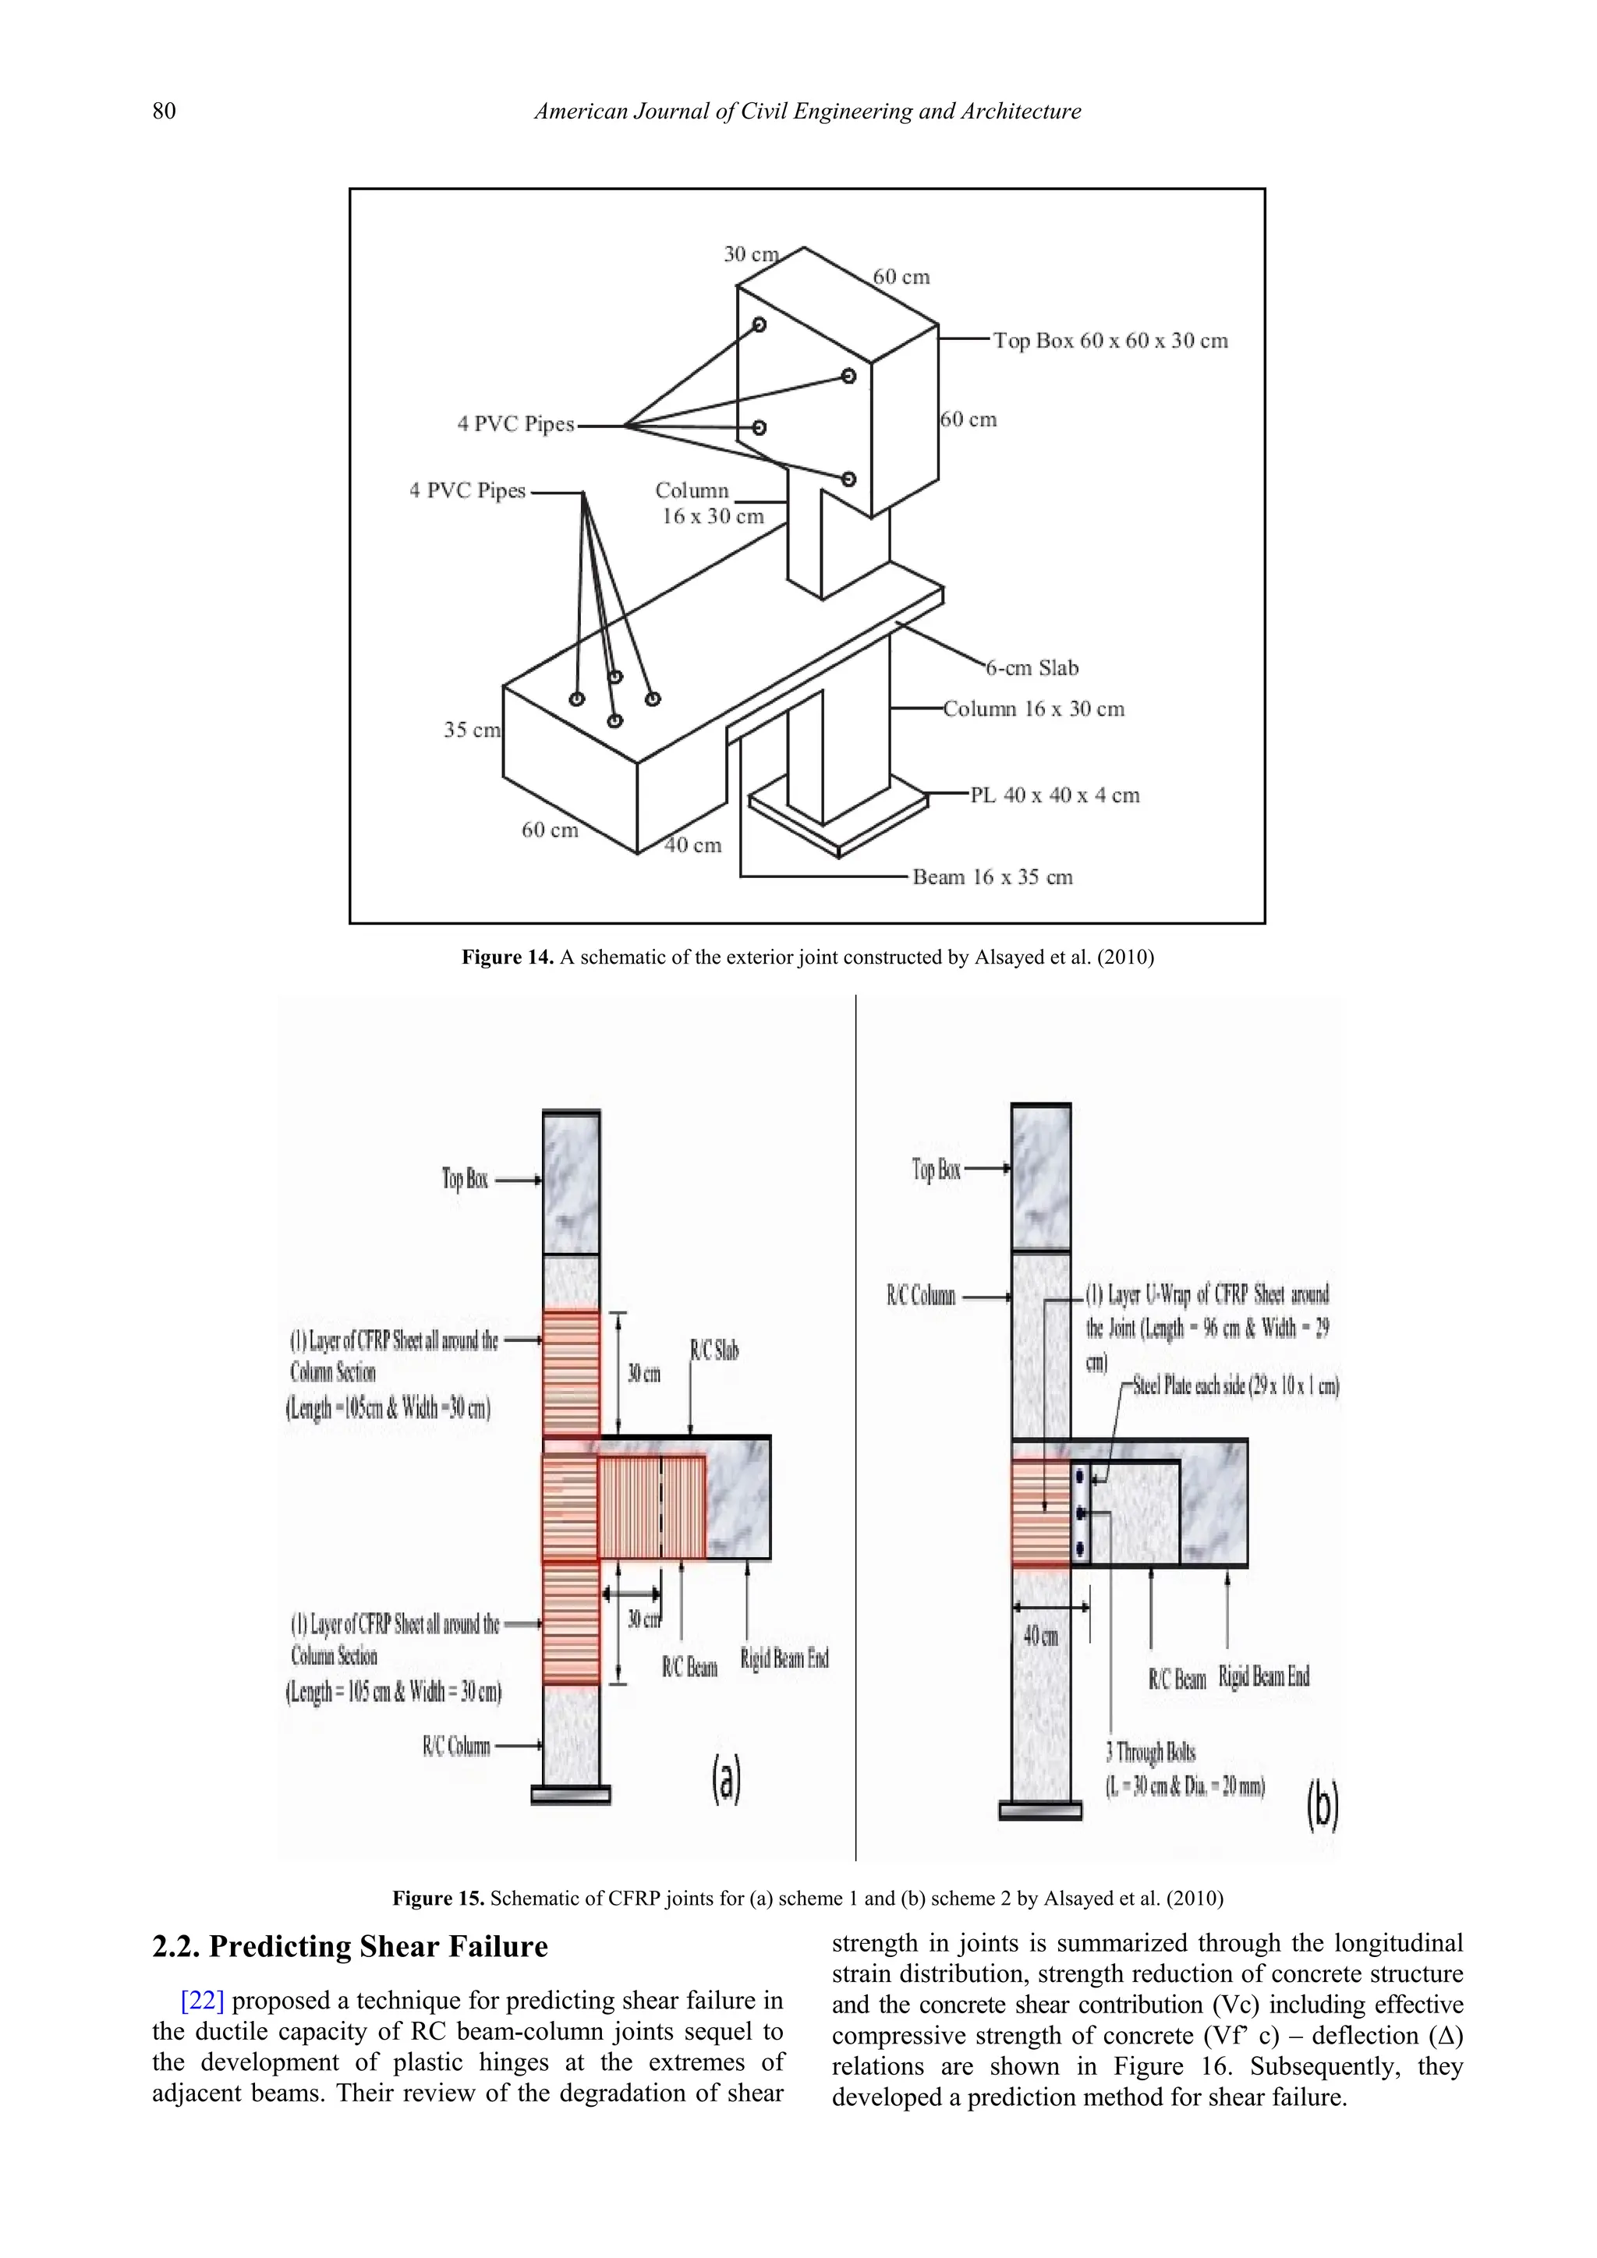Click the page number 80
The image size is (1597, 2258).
click(x=165, y=111)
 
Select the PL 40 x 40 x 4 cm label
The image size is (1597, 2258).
click(x=1054, y=795)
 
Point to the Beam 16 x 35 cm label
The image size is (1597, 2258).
click(x=991, y=876)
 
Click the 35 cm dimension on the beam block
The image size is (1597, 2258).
click(x=472, y=730)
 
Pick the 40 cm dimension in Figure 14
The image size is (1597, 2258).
click(x=693, y=844)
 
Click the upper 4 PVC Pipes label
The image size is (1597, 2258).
click(x=515, y=424)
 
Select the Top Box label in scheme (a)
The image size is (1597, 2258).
click(x=464, y=1178)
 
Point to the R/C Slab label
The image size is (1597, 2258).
click(x=714, y=1350)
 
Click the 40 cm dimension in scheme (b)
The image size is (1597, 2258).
click(x=1040, y=1636)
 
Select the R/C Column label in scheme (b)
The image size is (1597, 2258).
click(x=920, y=1295)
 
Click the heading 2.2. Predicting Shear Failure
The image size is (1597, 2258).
click(x=349, y=1946)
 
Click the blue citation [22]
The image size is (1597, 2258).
click(x=203, y=2001)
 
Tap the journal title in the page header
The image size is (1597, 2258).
click(x=806, y=111)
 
